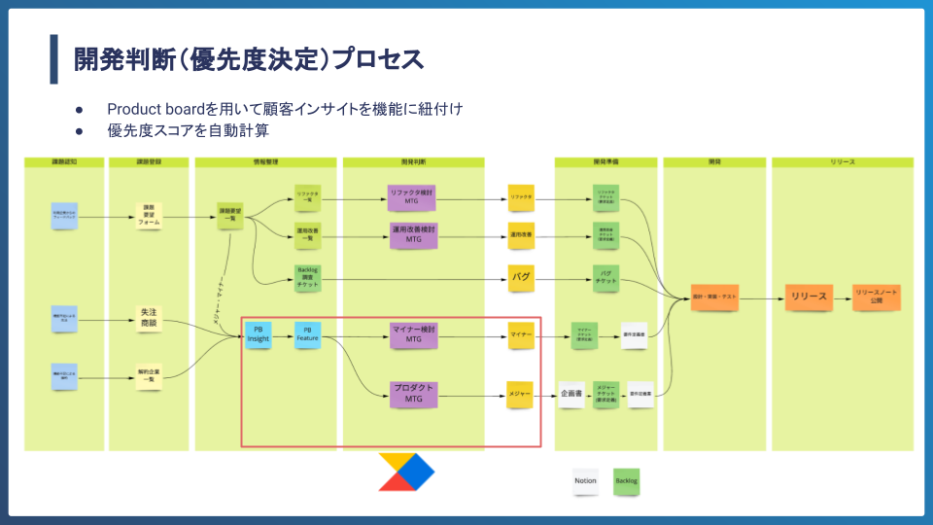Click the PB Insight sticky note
tap(259, 334)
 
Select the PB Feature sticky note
tap(308, 334)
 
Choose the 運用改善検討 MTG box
tap(413, 233)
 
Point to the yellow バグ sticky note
tap(521, 278)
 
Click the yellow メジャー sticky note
tap(520, 394)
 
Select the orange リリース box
tap(809, 297)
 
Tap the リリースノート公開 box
tap(877, 297)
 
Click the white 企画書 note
tap(572, 394)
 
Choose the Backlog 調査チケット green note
tap(308, 278)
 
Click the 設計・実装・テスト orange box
tap(714, 297)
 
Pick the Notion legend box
tap(585, 480)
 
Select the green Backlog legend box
tap(627, 480)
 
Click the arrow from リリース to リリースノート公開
tap(842, 297)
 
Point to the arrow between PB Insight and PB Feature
tap(283, 336)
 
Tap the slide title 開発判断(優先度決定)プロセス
tap(249, 59)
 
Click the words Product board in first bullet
tap(155, 109)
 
